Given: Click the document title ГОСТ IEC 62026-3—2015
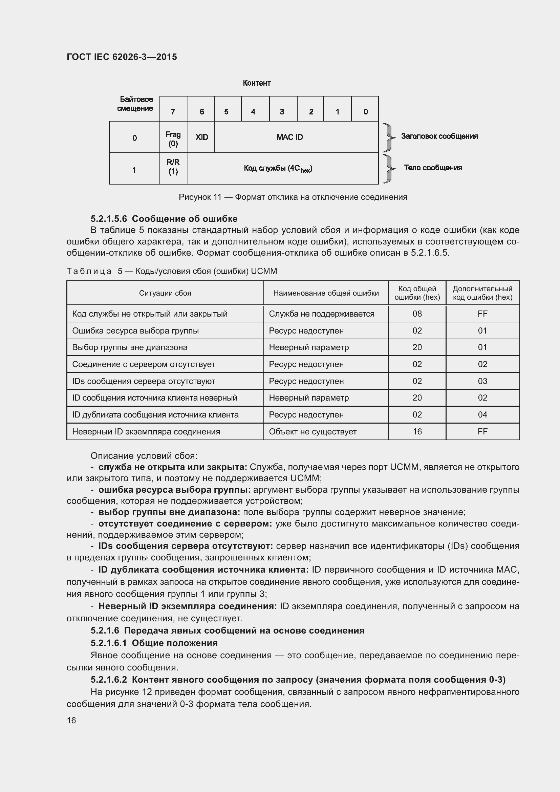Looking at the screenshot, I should tap(122, 57).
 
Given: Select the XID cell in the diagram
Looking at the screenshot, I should tap(202, 137).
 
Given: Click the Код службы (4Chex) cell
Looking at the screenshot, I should tap(278, 168).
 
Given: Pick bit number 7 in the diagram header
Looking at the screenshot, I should tap(173, 111).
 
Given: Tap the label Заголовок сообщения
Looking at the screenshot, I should tap(439, 136).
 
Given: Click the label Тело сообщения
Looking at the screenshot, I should tap(432, 168).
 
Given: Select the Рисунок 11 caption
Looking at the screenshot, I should tap(293, 197).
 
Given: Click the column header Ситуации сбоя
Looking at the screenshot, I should tap(165, 293).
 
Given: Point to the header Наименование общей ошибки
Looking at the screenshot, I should tap(326, 293).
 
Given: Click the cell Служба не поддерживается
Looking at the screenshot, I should tap(321, 314).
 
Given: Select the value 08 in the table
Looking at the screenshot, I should tap(417, 314).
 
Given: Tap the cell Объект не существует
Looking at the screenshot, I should tap(313, 432).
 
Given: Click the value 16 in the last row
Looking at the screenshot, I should tap(417, 432).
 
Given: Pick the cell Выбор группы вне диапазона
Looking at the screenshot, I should tap(130, 347).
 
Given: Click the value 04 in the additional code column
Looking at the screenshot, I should tap(482, 415).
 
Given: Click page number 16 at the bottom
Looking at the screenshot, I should tap(71, 720).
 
